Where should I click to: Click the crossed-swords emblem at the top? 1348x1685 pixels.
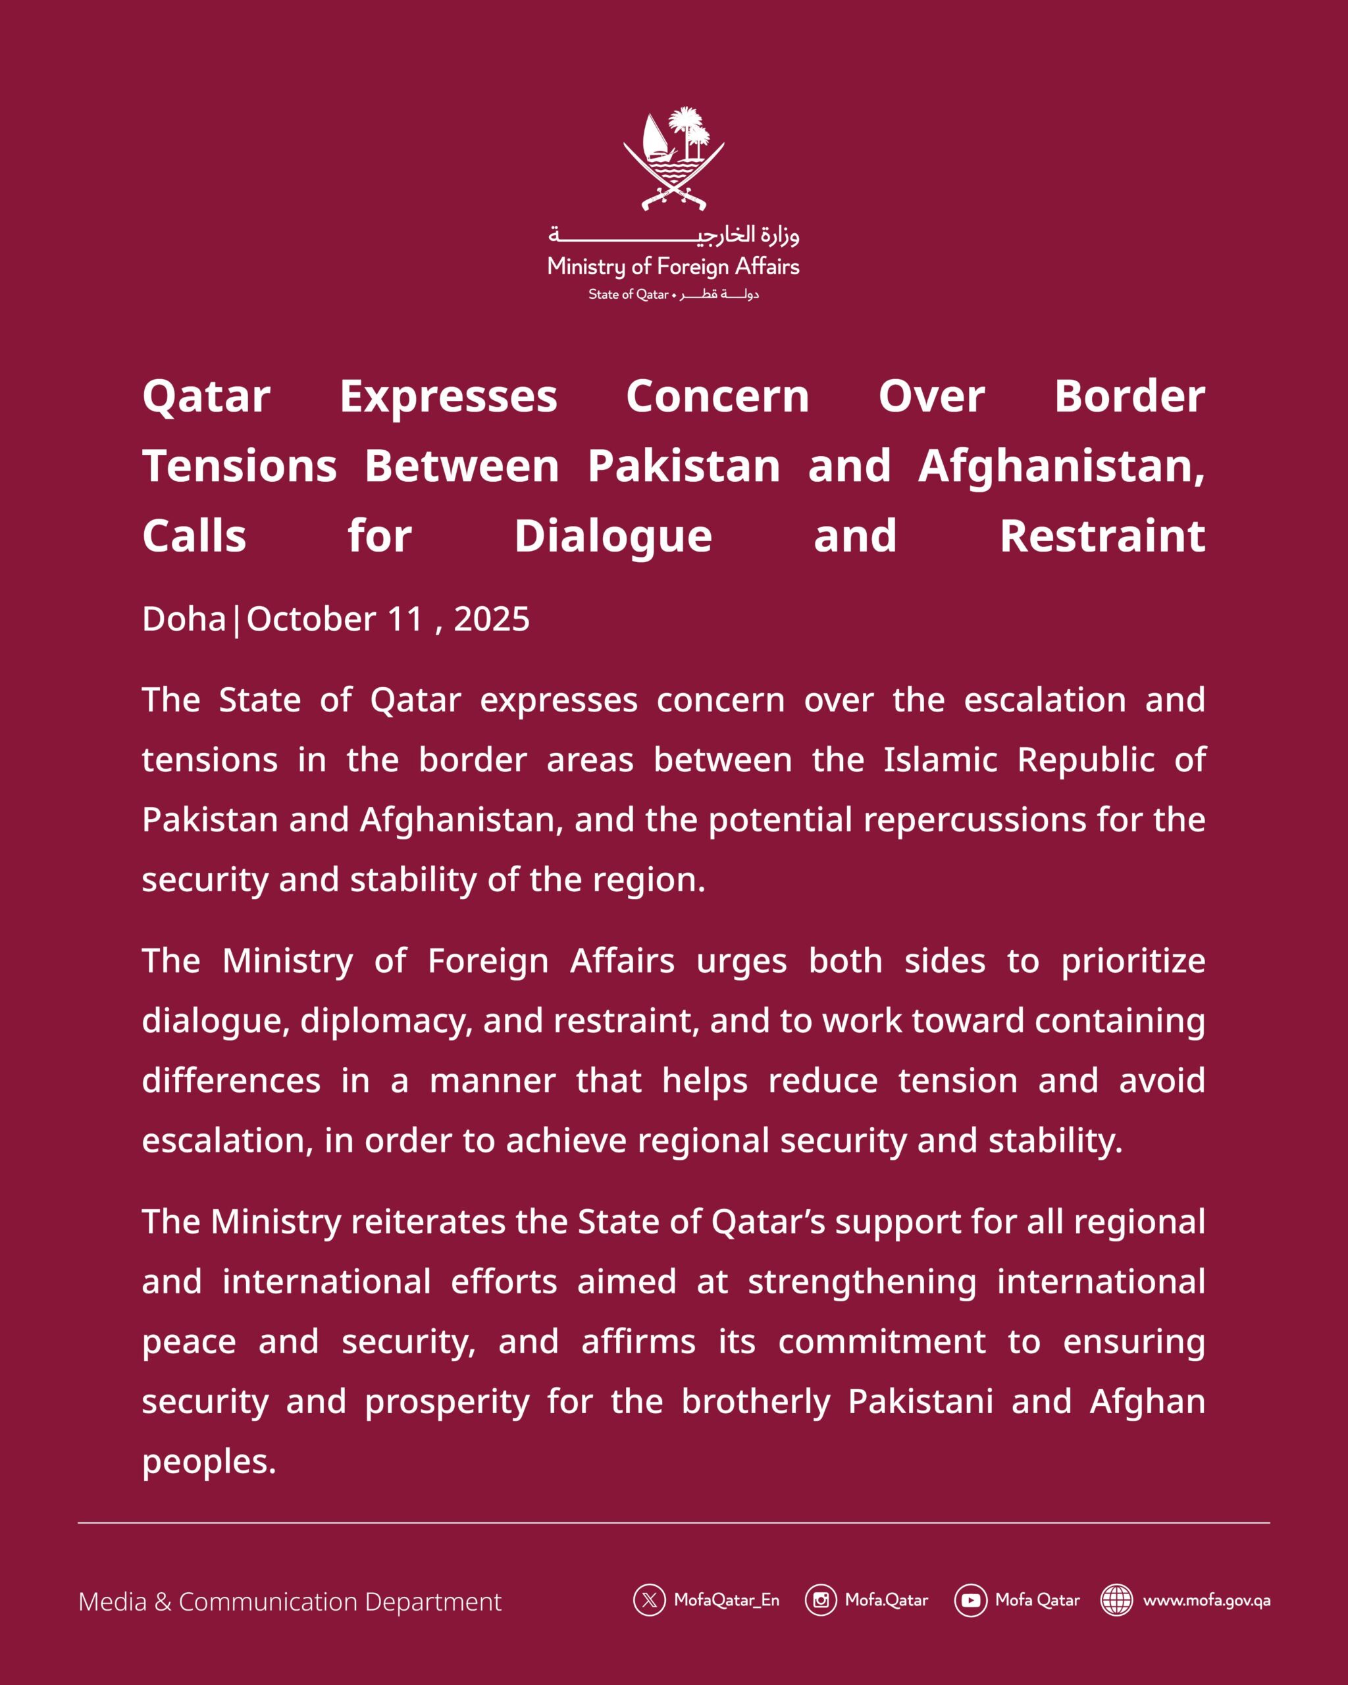(673, 159)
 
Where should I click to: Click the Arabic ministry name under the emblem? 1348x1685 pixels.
(673, 234)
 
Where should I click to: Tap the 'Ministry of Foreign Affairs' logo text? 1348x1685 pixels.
(673, 267)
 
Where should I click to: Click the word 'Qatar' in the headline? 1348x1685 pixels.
(206, 397)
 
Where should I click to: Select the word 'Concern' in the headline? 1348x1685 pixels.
(717, 397)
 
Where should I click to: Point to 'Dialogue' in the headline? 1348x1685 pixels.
(613, 537)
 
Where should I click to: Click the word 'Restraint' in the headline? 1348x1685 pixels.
(1102, 537)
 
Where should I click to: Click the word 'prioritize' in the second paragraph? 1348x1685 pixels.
(1132, 961)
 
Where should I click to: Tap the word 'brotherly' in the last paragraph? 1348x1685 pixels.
(756, 1401)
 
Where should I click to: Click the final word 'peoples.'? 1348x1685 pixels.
(209, 1461)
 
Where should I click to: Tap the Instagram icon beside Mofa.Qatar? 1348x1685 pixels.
(821, 1600)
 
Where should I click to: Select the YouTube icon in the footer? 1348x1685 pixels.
(970, 1600)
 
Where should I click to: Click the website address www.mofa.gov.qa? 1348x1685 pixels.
(1206, 1600)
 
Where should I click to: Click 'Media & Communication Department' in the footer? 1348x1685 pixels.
(290, 1601)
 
